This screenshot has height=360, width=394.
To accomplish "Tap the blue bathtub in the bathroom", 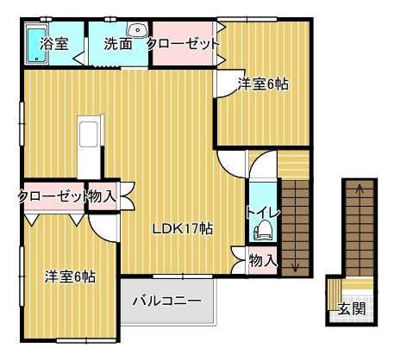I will click(34, 44).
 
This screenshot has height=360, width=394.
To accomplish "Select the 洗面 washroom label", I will click(117, 44).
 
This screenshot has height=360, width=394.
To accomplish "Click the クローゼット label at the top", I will click(183, 44).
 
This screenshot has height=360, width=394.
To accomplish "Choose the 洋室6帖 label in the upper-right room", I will click(263, 84).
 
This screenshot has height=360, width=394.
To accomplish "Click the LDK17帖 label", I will click(183, 229).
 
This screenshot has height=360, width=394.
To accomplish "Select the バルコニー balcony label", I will click(166, 302).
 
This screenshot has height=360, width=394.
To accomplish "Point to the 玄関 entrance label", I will click(350, 308).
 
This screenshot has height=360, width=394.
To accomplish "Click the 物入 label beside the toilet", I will click(262, 259).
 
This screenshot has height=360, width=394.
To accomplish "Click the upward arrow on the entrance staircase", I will click(361, 188).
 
